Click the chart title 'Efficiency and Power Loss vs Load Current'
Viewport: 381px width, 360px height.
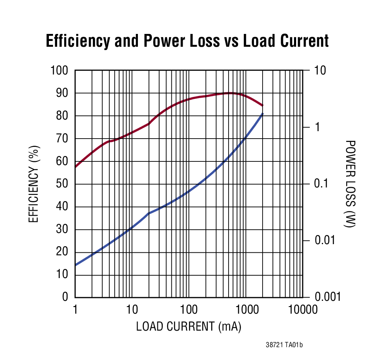[187, 41]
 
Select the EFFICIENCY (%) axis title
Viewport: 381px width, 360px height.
[34, 184]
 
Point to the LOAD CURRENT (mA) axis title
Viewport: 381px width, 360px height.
[188, 326]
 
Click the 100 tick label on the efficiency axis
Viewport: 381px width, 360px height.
[59, 70]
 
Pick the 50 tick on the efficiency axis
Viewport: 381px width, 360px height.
[62, 184]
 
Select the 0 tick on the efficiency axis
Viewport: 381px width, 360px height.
[65, 297]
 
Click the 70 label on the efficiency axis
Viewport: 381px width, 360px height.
[62, 138]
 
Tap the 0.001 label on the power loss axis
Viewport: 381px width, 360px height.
[327, 297]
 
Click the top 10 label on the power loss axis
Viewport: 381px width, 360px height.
[320, 70]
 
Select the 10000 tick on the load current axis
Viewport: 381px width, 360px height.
[300, 310]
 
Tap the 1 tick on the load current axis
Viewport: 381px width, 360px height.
[75, 310]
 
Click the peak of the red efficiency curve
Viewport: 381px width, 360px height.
[230, 93]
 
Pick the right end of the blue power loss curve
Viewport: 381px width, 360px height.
[263, 113]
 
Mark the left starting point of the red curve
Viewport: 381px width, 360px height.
[75, 167]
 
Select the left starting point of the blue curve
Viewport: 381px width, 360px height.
[75, 265]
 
